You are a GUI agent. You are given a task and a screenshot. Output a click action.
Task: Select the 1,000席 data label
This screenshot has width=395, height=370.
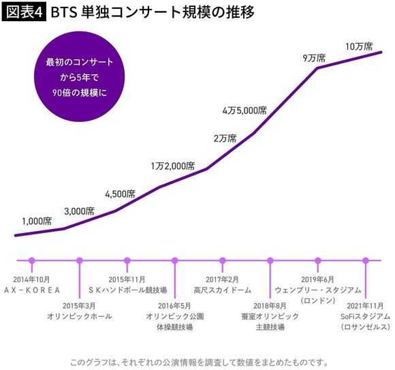click(x=37, y=221)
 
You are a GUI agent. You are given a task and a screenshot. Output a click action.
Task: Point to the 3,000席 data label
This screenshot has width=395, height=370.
click(x=78, y=211)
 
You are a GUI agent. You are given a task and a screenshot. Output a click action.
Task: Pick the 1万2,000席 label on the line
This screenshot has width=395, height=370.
click(x=172, y=166)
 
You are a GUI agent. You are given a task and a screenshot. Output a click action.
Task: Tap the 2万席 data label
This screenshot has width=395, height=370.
click(x=225, y=138)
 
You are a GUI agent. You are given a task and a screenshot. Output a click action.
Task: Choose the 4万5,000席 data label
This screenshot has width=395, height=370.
click(x=244, y=110)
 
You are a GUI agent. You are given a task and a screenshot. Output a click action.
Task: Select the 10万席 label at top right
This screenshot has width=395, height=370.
click(x=359, y=46)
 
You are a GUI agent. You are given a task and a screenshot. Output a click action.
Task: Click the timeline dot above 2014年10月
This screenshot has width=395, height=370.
click(x=31, y=260)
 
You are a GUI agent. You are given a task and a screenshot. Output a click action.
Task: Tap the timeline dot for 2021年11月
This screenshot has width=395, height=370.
click(x=366, y=260)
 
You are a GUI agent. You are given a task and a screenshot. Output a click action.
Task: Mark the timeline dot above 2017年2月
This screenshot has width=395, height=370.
click(x=223, y=260)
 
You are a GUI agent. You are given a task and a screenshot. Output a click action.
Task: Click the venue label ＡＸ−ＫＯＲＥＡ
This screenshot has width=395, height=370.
click(x=31, y=290)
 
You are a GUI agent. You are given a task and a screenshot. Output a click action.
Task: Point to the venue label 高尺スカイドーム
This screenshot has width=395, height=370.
click(x=223, y=290)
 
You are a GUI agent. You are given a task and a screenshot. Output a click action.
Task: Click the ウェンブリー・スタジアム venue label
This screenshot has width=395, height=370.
click(x=318, y=290)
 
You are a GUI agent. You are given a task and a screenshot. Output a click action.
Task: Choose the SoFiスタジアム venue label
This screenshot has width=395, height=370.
click(x=366, y=317)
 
